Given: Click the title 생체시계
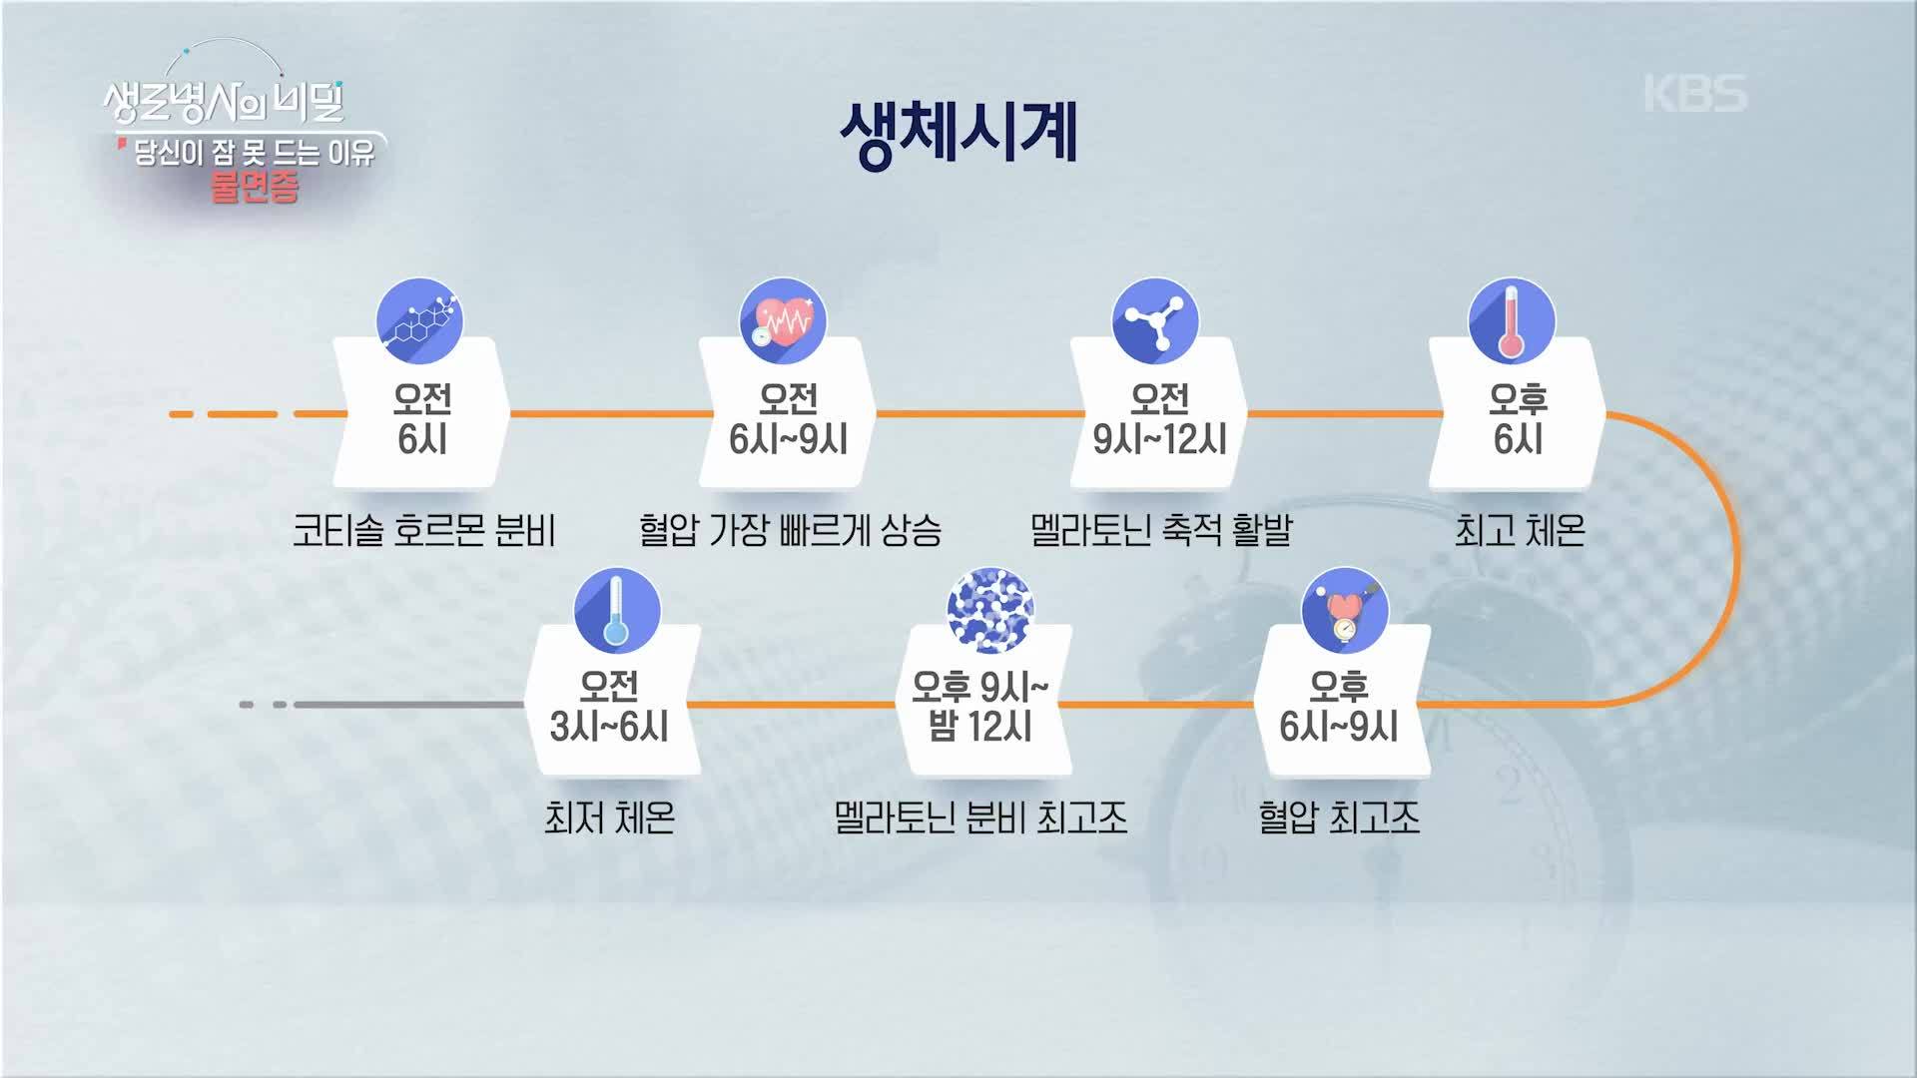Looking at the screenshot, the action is [958, 134].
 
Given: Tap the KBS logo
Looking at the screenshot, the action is [1695, 94].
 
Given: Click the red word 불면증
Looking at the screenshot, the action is [255, 187].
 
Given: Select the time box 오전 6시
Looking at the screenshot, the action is [421, 413].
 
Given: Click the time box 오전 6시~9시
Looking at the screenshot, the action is [788, 413].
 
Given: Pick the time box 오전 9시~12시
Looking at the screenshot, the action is [1159, 413].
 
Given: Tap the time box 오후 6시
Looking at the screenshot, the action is [1518, 413].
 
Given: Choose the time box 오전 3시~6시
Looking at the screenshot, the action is [610, 701].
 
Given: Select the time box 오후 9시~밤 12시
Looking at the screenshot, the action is [980, 701].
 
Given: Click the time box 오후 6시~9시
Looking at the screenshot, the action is [1340, 701].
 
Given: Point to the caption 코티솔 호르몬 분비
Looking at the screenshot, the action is [423, 530].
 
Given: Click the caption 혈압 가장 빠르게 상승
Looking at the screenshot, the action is [790, 530].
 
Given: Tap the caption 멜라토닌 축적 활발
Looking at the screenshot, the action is [1161, 530].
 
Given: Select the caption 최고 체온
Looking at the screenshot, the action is [1520, 530].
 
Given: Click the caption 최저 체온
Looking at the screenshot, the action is [609, 818].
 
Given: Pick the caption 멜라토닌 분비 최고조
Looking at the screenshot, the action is [980, 818].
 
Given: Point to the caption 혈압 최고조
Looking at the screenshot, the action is [1339, 818].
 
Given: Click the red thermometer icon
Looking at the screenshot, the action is [1512, 321].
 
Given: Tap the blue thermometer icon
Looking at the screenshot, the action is [617, 611].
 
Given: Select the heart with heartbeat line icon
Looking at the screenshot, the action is [783, 321].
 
